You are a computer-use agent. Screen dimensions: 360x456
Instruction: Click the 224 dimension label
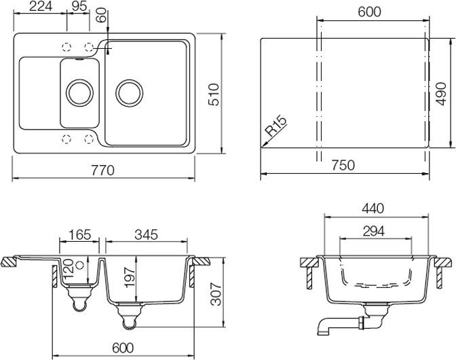click(41, 7)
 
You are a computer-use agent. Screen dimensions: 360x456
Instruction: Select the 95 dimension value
click(79, 7)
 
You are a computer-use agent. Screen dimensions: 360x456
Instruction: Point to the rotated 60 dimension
click(101, 16)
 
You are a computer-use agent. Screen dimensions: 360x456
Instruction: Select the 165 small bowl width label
click(79, 235)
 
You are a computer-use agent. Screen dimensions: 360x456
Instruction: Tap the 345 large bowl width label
click(145, 235)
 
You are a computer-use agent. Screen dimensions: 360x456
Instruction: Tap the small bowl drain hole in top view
click(79, 92)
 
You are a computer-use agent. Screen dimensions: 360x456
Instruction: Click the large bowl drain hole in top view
click(128, 92)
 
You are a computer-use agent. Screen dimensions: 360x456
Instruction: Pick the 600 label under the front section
click(120, 348)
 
